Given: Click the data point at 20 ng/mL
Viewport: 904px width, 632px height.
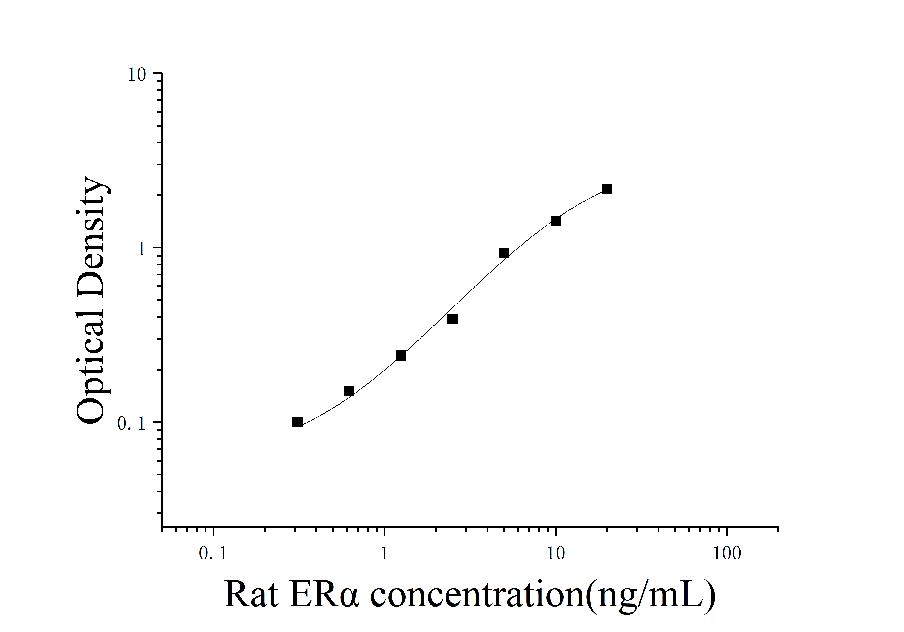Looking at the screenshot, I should (x=607, y=189).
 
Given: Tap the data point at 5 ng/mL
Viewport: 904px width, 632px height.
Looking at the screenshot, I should (x=504, y=253).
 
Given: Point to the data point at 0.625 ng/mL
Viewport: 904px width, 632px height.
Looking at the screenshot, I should (x=349, y=391).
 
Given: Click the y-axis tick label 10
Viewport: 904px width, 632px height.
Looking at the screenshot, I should (x=137, y=75).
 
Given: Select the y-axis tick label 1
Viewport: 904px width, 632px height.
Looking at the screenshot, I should (x=141, y=249).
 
